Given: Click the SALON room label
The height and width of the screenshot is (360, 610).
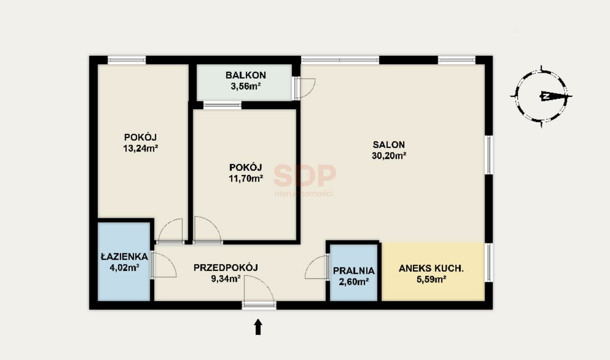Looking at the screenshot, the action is coord(389,145).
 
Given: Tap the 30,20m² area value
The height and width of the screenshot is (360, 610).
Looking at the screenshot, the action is coord(389,155).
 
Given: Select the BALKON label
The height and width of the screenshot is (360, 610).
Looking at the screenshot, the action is coord(246,75).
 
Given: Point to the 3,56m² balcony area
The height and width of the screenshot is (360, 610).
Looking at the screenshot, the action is coord(246,87).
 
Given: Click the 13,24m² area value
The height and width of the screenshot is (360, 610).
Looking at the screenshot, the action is coord(141,149).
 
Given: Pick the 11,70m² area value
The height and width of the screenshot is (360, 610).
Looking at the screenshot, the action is coord(246,179).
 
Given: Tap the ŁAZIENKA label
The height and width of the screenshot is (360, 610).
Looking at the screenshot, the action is coord(124,256).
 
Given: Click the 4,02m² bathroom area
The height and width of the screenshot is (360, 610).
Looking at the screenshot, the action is coord(124,268).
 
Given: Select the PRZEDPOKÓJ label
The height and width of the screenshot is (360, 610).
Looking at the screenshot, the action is coord(226,268).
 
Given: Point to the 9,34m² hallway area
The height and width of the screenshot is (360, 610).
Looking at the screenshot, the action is coord(226,279).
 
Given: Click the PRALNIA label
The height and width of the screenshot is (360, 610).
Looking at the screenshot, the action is coord(354,270).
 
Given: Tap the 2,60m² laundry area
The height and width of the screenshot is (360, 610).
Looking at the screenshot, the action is coord(354,282).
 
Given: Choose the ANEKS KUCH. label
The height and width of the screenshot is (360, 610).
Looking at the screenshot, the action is coord(431,269).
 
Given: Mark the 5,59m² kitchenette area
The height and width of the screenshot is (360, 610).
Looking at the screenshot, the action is coord(431,280).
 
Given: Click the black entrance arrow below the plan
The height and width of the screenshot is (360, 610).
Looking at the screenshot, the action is coord(258,327).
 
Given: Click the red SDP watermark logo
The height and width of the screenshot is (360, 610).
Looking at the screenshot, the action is coord(305,175).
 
